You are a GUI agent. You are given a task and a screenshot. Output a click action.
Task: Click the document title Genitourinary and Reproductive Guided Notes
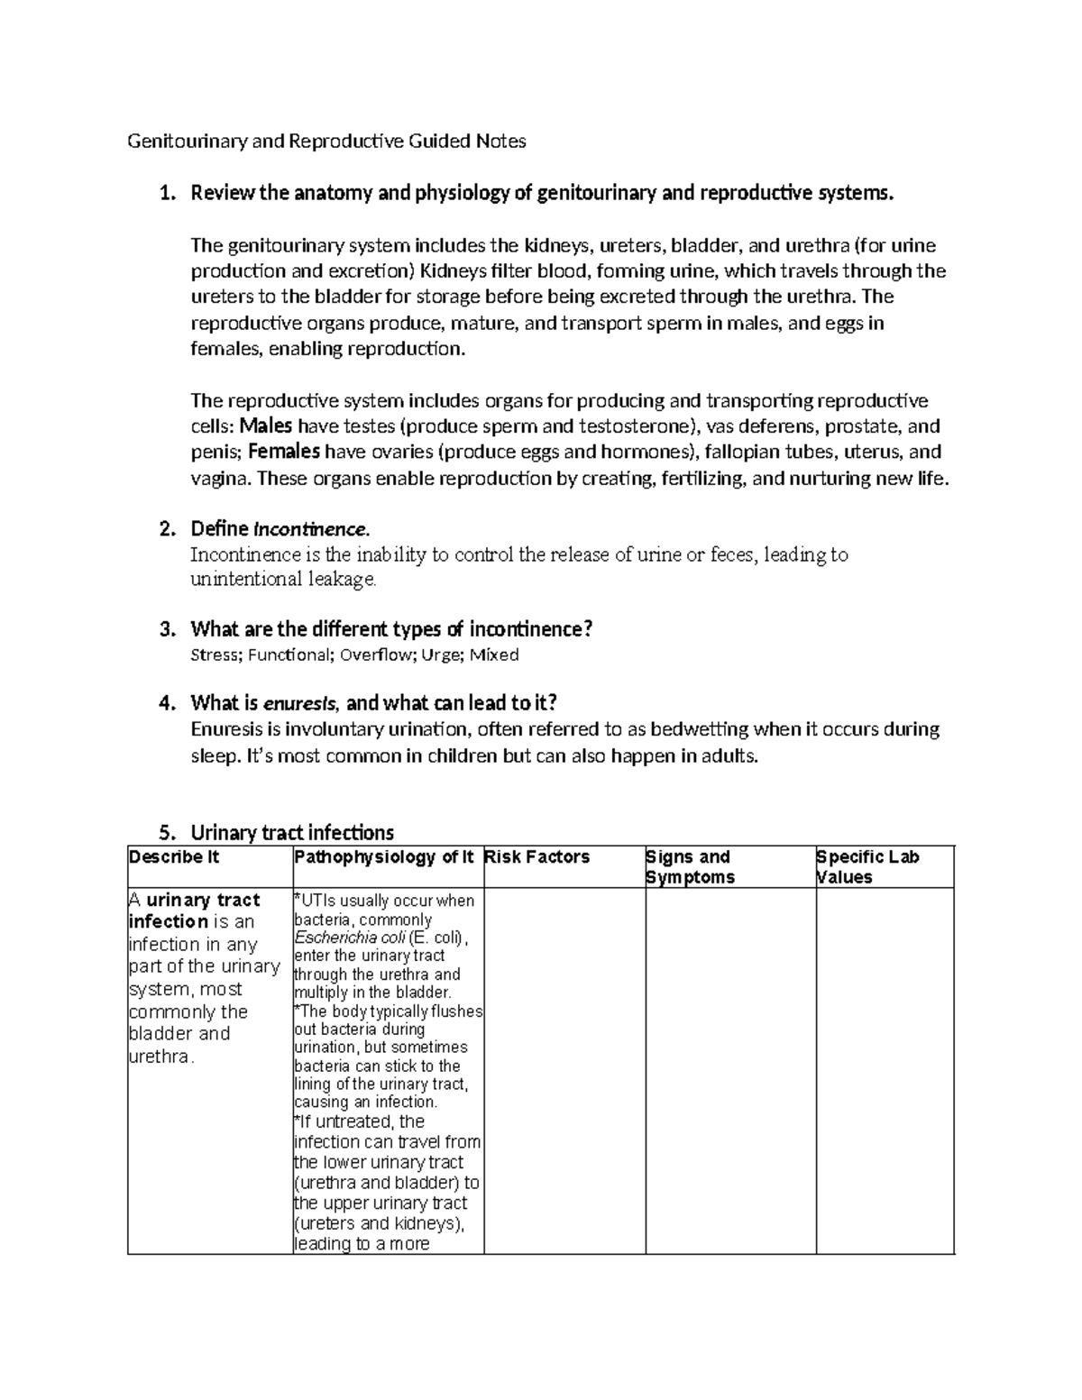tap(326, 142)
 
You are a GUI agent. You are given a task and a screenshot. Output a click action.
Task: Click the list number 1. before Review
tap(165, 194)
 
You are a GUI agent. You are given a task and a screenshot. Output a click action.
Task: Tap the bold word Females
tap(284, 452)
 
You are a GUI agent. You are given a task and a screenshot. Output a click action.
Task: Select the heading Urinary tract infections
tap(292, 832)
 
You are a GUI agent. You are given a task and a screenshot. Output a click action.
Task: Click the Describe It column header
tap(174, 857)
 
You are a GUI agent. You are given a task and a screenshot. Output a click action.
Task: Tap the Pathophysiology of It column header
tap(384, 857)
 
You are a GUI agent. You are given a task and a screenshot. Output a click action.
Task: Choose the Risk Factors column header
tap(537, 857)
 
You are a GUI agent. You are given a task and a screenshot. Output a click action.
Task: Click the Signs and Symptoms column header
tap(690, 867)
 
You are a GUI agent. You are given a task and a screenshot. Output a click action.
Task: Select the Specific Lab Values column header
tap(867, 867)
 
